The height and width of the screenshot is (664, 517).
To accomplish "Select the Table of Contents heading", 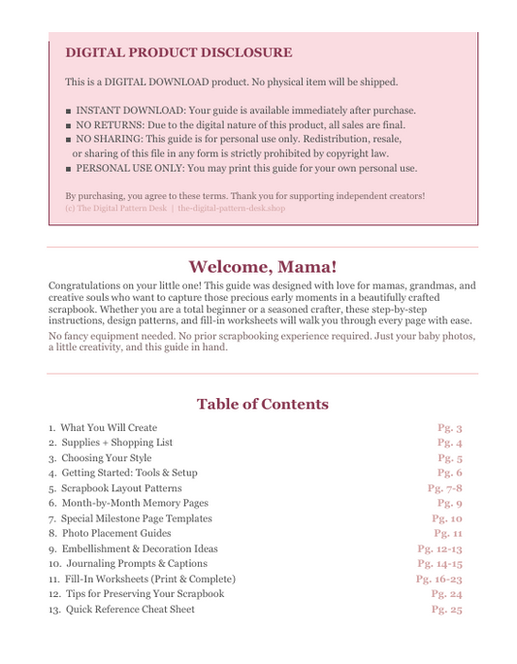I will (262, 404).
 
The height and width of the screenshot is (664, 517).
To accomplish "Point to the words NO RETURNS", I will (111, 125).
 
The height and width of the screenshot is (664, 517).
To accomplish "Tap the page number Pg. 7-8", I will (444, 488).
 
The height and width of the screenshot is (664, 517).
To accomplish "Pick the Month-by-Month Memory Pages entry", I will (128, 503).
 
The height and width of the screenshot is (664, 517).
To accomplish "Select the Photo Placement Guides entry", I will (110, 533).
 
